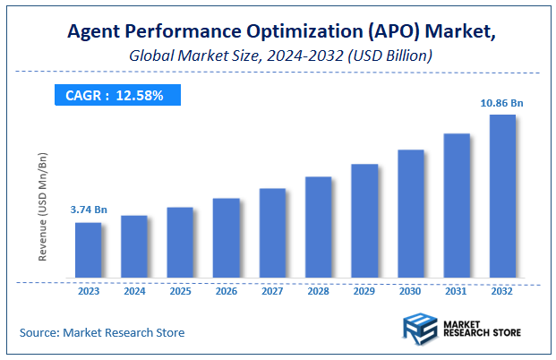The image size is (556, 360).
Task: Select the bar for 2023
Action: point(88,250)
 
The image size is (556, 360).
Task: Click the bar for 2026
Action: point(226,237)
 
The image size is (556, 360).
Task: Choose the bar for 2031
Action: point(456,205)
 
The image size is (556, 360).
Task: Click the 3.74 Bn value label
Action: point(89,210)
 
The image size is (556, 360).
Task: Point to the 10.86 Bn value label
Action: point(501,103)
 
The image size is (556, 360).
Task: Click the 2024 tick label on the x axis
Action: point(133,291)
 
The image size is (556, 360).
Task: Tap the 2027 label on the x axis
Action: point(272,291)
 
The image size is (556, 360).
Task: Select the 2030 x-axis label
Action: point(410,291)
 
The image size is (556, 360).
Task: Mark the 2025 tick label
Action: point(180,291)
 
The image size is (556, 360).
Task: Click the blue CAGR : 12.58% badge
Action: point(115,95)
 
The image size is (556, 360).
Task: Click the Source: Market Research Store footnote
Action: point(102,332)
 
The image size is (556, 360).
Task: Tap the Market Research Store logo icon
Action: point(417,328)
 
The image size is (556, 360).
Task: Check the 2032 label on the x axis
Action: point(502,291)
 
